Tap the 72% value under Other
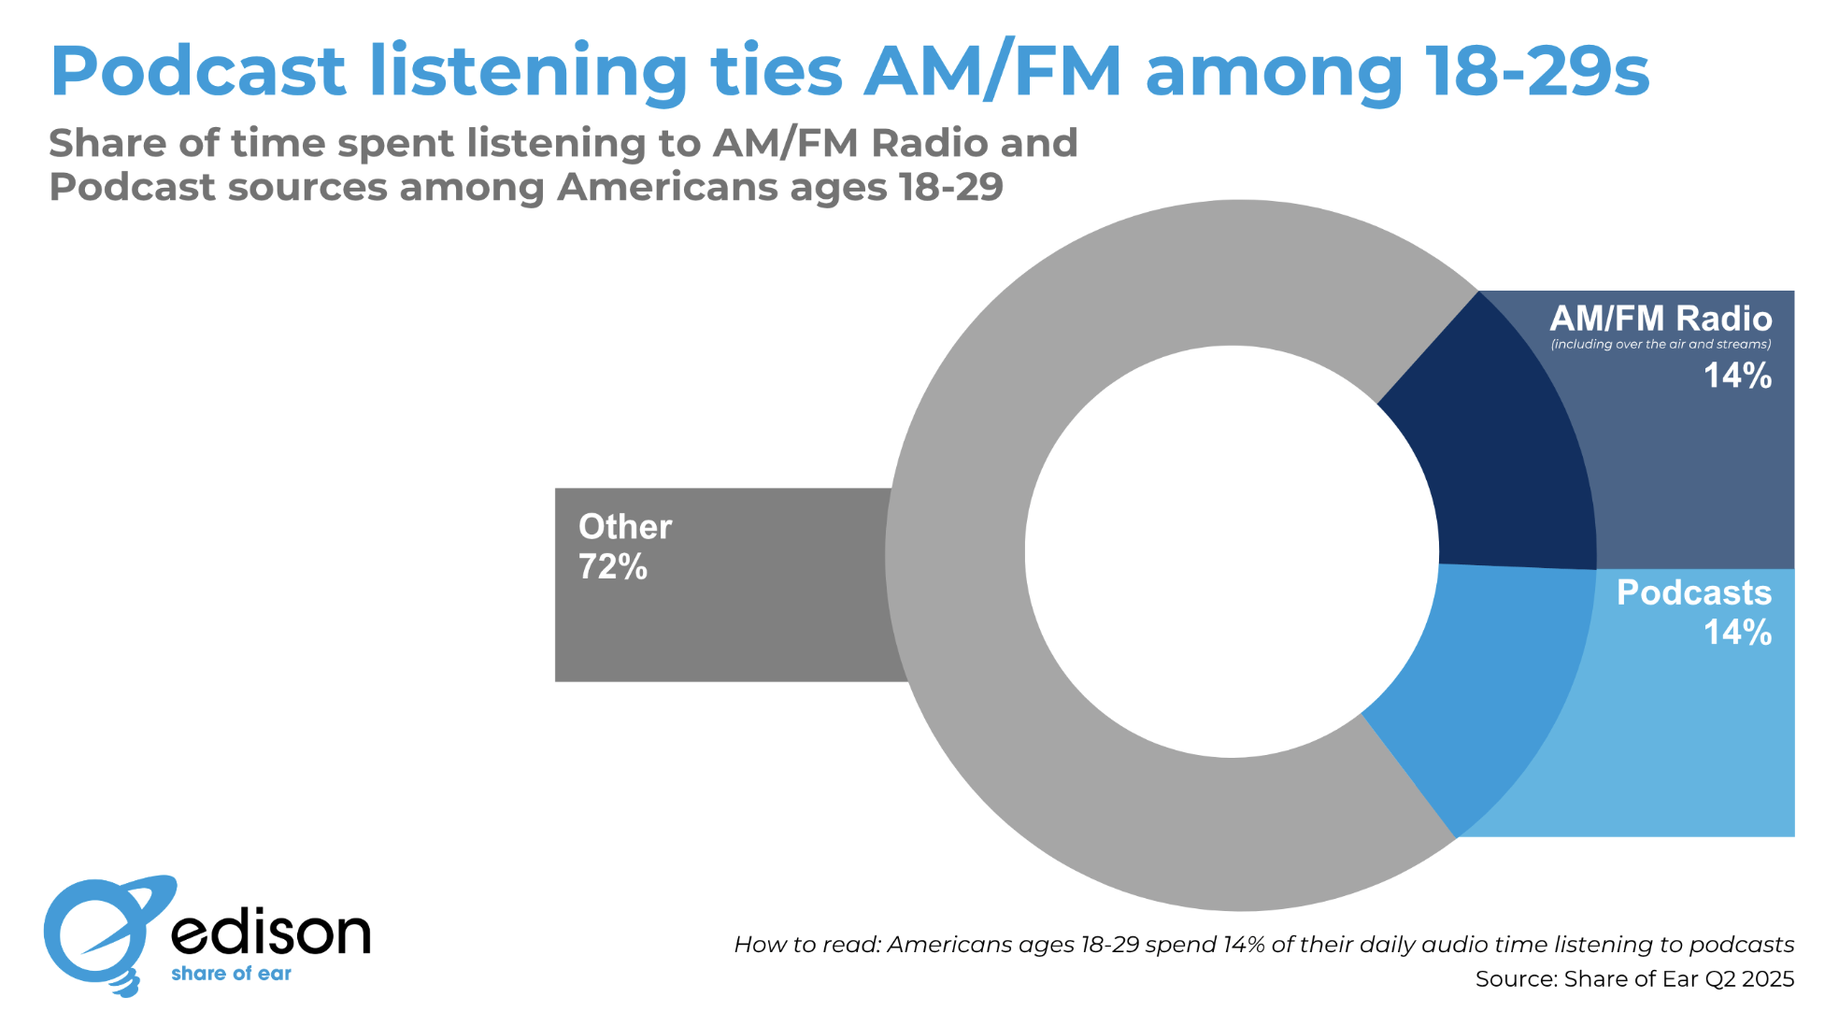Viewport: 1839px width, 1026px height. [x=613, y=567]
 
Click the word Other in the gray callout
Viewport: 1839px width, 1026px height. [x=625, y=527]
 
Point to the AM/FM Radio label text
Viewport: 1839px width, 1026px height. [x=1661, y=319]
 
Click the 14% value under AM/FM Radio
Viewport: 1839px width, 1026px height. [x=1737, y=376]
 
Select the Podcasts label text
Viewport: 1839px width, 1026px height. [x=1693, y=592]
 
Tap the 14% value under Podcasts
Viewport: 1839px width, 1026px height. [x=1737, y=633]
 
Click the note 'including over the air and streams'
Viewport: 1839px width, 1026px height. [x=1661, y=345]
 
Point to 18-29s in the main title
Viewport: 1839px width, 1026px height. [x=1538, y=71]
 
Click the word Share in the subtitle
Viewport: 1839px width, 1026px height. [x=107, y=144]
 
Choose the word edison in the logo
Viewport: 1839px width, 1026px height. [x=271, y=932]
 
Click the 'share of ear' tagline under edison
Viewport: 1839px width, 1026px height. [x=231, y=974]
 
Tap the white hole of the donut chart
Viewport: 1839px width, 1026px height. [x=1232, y=551]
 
